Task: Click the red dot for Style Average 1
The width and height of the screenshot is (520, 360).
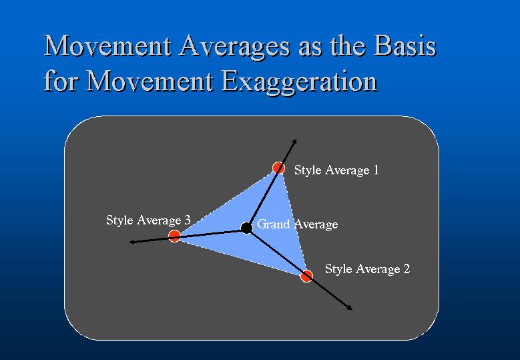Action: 278,168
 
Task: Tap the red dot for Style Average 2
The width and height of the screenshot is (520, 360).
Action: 307,276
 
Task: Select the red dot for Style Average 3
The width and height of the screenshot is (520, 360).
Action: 174,236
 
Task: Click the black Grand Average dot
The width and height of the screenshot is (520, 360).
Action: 246,228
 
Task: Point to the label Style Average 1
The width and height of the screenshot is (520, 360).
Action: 336,170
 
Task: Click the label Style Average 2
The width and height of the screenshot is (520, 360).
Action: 367,269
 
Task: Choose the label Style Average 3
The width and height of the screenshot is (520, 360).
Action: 148,220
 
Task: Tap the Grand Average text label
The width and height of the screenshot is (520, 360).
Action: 298,224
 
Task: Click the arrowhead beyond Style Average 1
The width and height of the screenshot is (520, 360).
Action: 294,142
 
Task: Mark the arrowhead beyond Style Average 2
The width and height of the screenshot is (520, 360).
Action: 350,309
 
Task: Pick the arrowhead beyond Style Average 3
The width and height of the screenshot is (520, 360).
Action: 132,242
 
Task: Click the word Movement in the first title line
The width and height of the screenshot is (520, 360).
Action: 108,46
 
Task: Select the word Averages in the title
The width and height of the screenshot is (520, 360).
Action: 235,46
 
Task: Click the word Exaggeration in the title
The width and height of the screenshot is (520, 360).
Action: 299,81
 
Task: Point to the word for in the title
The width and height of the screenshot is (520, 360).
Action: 61,81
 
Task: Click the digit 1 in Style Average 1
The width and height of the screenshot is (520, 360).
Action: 376,170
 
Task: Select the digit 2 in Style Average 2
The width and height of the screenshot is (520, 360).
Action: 407,268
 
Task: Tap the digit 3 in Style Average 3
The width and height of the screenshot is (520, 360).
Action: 188,220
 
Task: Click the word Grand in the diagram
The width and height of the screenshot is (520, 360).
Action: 274,224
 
